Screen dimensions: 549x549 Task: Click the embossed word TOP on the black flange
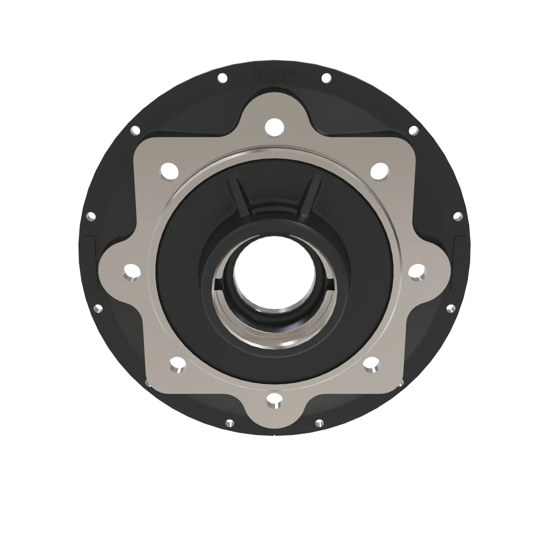point(275,75)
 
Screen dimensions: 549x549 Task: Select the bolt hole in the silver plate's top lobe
point(274,127)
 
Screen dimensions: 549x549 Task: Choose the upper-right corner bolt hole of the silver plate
point(380,172)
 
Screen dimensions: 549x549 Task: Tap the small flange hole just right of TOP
point(326,78)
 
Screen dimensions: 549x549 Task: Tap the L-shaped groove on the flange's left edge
point(90,256)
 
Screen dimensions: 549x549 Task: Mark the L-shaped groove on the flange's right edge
point(458,256)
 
